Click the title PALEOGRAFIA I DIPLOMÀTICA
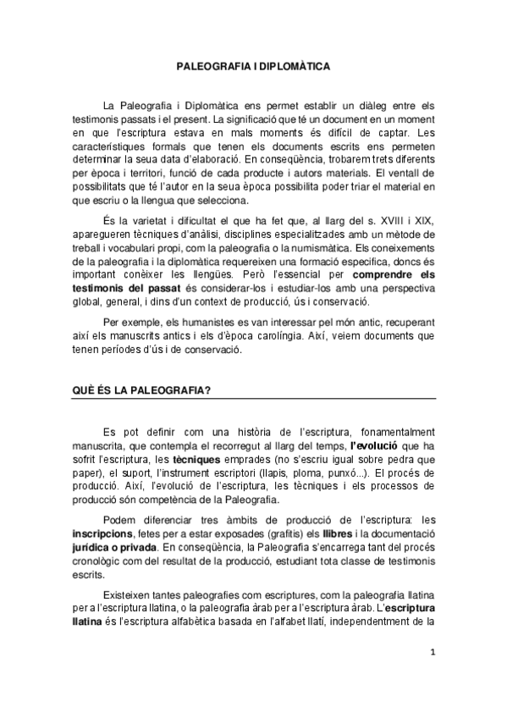253,64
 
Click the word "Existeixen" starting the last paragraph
125,605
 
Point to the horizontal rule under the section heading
252,398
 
